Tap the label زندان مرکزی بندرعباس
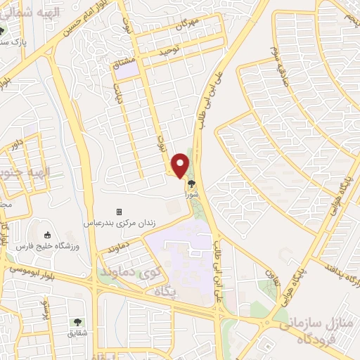click(x=119, y=223)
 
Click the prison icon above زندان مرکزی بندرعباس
click(x=119, y=212)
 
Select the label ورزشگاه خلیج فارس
click(x=48, y=246)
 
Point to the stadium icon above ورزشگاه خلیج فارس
click(x=48, y=235)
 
